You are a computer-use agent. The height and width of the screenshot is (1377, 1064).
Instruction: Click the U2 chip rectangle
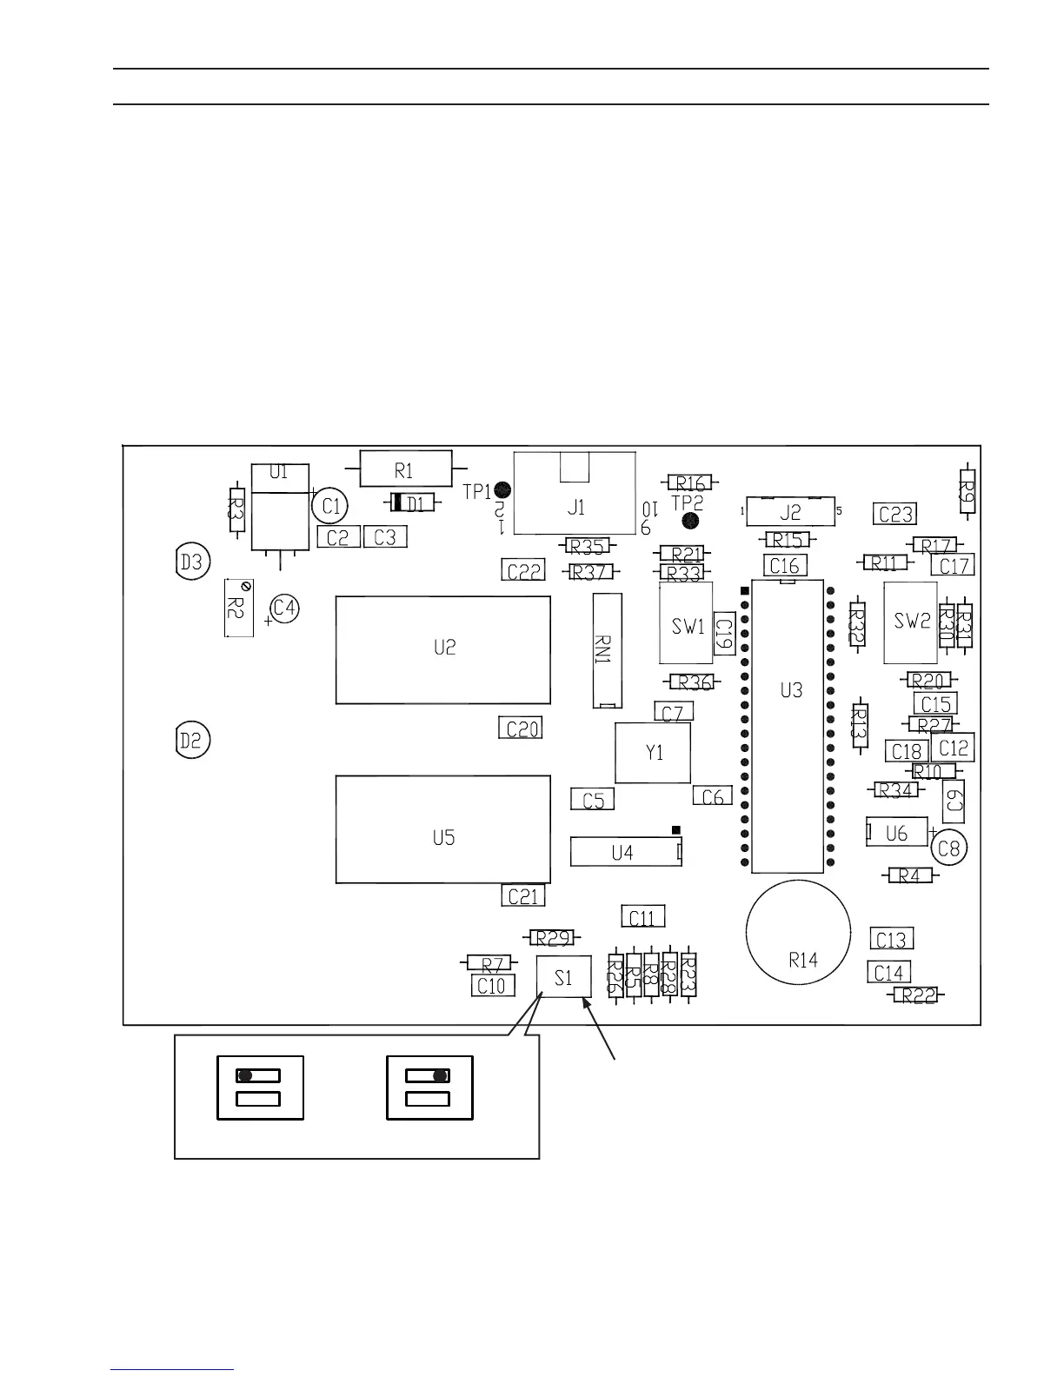(x=443, y=649)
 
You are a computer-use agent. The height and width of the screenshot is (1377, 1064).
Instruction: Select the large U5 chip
(x=443, y=830)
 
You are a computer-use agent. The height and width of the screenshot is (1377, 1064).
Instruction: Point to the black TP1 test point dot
(x=502, y=492)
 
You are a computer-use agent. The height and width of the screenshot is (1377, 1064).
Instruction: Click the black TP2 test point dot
(x=691, y=521)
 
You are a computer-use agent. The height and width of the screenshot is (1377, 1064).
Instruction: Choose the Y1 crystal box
(x=653, y=753)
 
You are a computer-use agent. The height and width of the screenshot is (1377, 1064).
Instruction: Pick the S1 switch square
(x=564, y=976)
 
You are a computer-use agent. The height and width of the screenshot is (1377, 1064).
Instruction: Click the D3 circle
(x=190, y=562)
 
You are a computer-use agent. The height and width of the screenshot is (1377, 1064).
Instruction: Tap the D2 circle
(x=190, y=741)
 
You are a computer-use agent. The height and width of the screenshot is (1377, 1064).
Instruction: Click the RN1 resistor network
(x=606, y=650)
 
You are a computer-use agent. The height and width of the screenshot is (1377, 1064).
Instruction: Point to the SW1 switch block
(x=687, y=624)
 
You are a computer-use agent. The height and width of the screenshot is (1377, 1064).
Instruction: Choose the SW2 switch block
(x=911, y=622)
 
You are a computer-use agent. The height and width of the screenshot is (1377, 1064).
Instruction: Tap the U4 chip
(x=624, y=852)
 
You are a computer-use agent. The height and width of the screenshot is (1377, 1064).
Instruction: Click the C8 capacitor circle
(x=949, y=847)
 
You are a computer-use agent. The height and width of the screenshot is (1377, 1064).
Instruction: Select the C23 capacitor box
(x=895, y=514)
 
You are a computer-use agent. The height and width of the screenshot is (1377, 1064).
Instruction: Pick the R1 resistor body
(x=405, y=470)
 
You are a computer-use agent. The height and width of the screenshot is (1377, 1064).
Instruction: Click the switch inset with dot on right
(x=429, y=1088)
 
